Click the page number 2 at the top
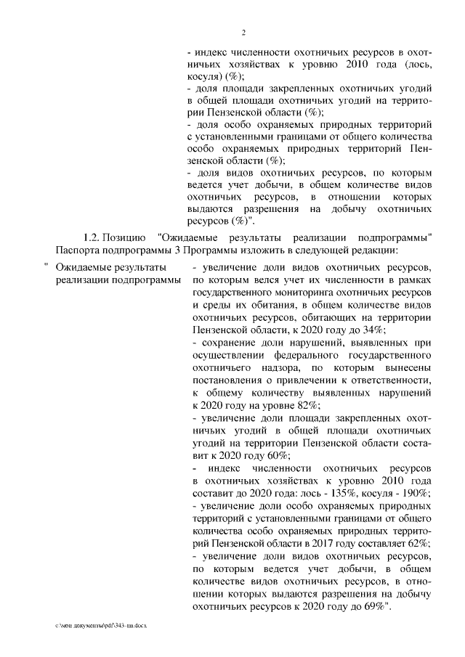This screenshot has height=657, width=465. pos(244,32)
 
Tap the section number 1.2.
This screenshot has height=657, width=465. pos(92,238)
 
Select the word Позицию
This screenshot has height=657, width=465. pos(124,238)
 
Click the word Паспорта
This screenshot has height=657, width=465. pos(77,251)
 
